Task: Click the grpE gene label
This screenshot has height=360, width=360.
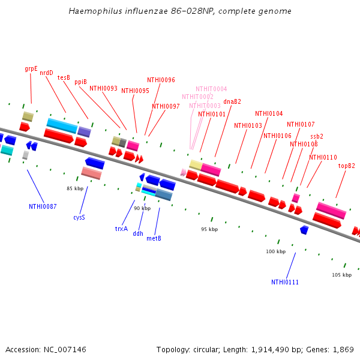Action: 31,68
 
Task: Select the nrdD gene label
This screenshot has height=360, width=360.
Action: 46,73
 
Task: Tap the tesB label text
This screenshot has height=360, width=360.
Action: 64,77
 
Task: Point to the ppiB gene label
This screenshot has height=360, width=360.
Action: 80,82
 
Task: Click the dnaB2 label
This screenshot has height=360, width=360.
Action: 232,101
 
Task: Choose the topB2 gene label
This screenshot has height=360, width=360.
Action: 346,166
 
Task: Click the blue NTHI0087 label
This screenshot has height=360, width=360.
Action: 43,206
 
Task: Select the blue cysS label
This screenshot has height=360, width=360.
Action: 79,217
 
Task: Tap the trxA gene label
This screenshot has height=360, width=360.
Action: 121,229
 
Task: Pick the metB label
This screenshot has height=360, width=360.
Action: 154,238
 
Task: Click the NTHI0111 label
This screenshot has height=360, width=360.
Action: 285,282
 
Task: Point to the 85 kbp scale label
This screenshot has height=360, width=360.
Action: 74,188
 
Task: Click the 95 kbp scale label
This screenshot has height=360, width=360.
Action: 209,229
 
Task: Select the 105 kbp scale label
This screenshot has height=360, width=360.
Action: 341,275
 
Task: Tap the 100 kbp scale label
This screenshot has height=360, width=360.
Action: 275,251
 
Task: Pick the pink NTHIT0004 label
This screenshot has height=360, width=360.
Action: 211,89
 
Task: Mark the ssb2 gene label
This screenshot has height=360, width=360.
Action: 317,136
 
